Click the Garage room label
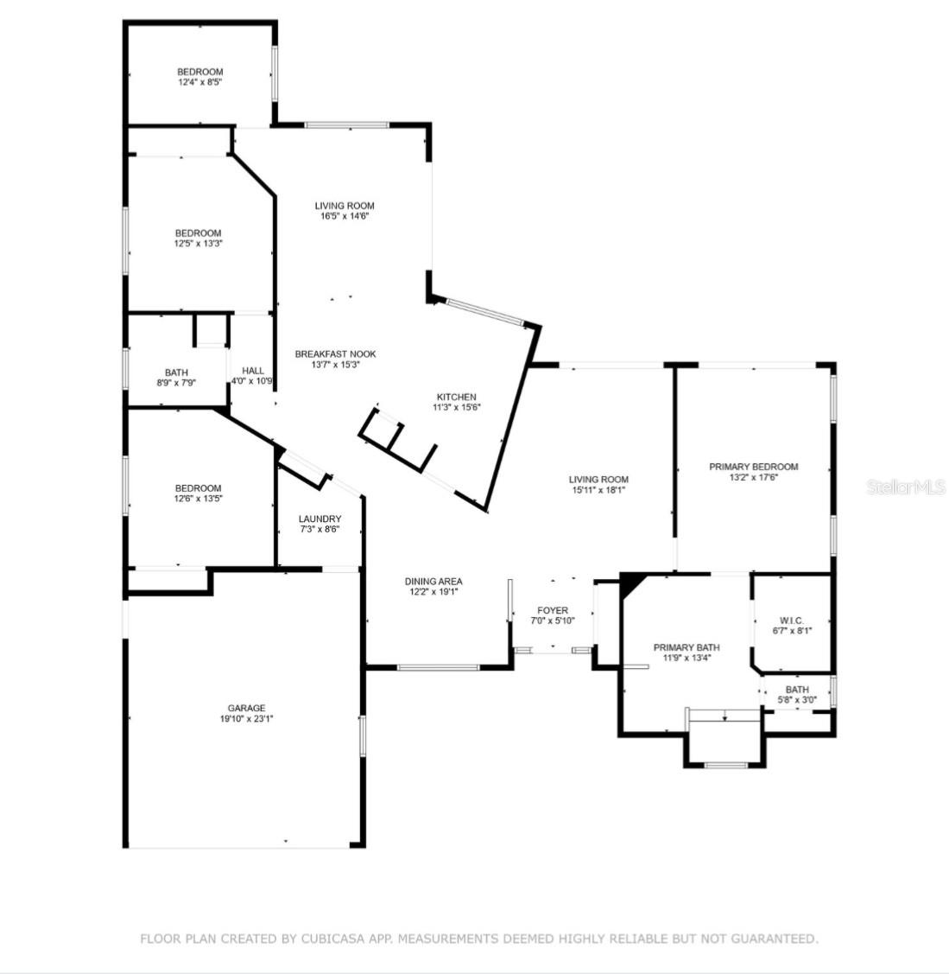click(x=246, y=708)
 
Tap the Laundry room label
click(x=320, y=519)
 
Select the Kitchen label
click(x=456, y=397)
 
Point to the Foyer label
click(x=553, y=610)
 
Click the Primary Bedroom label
click(x=753, y=467)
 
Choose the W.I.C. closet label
click(x=792, y=620)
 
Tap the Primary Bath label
click(x=686, y=647)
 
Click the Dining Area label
click(x=433, y=582)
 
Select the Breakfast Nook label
click(x=335, y=353)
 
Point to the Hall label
click(x=253, y=371)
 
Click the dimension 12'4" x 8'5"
click(x=200, y=83)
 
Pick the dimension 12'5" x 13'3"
click(x=198, y=244)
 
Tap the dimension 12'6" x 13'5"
click(x=198, y=499)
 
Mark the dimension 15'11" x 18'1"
click(x=598, y=490)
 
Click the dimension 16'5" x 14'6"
click(x=345, y=216)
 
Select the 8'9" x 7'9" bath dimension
click(x=176, y=382)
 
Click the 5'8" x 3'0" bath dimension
click(x=797, y=700)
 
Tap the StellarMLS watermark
click(x=906, y=487)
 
